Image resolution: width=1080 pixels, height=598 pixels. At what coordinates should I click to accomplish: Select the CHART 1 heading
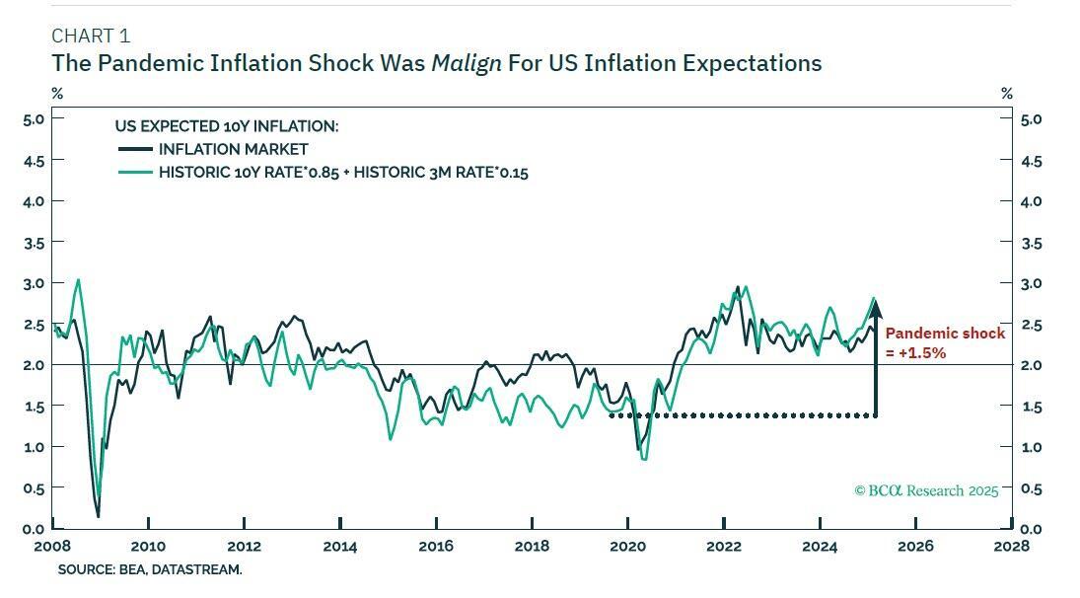click(x=91, y=37)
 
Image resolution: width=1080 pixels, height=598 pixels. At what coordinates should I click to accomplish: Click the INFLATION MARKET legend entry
click(x=233, y=149)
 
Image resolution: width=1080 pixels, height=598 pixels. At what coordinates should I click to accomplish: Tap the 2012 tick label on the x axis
click(x=244, y=546)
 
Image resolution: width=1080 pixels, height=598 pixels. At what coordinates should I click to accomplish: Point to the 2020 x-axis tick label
click(x=628, y=546)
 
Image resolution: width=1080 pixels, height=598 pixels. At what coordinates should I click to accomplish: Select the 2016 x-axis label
click(x=436, y=546)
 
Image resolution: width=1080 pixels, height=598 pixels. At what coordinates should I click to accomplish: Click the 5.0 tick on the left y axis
click(x=34, y=118)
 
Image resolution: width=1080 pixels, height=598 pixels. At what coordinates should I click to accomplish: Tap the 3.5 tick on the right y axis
click(x=1031, y=242)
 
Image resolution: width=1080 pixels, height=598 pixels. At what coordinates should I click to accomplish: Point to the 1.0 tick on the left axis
click(x=34, y=447)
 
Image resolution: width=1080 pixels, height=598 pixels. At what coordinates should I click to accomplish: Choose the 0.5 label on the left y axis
click(x=34, y=488)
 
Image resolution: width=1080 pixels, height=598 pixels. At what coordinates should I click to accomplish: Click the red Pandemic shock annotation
click(x=944, y=342)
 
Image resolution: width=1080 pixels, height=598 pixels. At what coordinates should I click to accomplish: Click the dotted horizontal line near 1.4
click(x=740, y=415)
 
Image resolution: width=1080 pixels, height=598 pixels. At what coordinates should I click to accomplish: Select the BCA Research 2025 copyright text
click(x=926, y=490)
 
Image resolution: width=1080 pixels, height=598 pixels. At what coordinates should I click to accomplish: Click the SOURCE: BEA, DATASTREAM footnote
click(x=150, y=569)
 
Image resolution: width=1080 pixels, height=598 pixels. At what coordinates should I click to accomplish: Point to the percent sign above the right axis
click(x=1006, y=94)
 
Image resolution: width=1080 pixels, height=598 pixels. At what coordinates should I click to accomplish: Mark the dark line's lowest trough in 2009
click(x=98, y=515)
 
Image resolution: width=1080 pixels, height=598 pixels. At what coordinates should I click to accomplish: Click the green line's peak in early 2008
click(x=78, y=279)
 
